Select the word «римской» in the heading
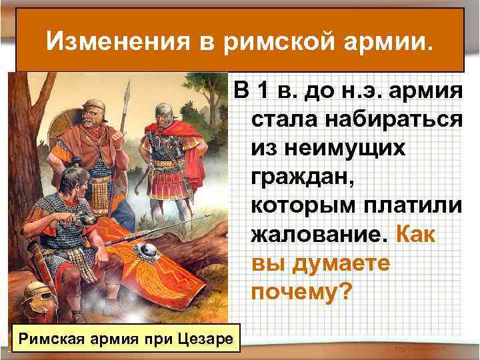tap(269, 43)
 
